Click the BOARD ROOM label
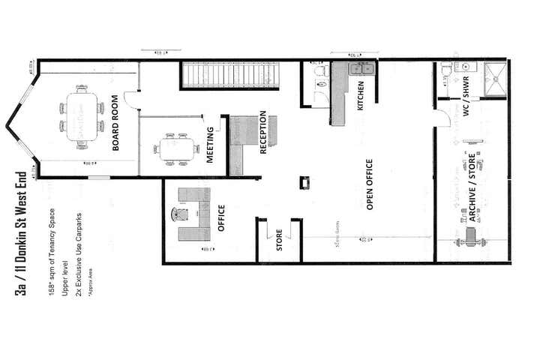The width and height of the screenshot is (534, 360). (x=117, y=123)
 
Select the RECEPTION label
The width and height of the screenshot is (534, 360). (x=263, y=133)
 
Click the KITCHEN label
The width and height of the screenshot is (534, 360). (x=360, y=95)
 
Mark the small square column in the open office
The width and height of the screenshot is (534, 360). (x=304, y=182)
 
